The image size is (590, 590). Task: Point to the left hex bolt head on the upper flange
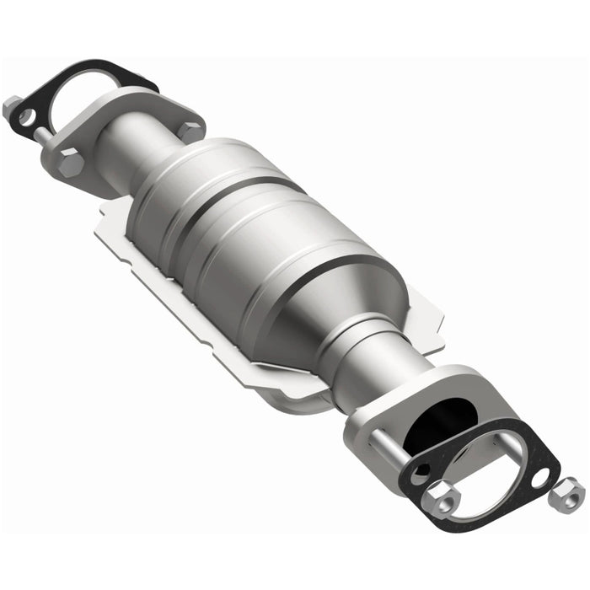click(70, 163)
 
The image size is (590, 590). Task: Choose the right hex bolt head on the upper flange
click(192, 131)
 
